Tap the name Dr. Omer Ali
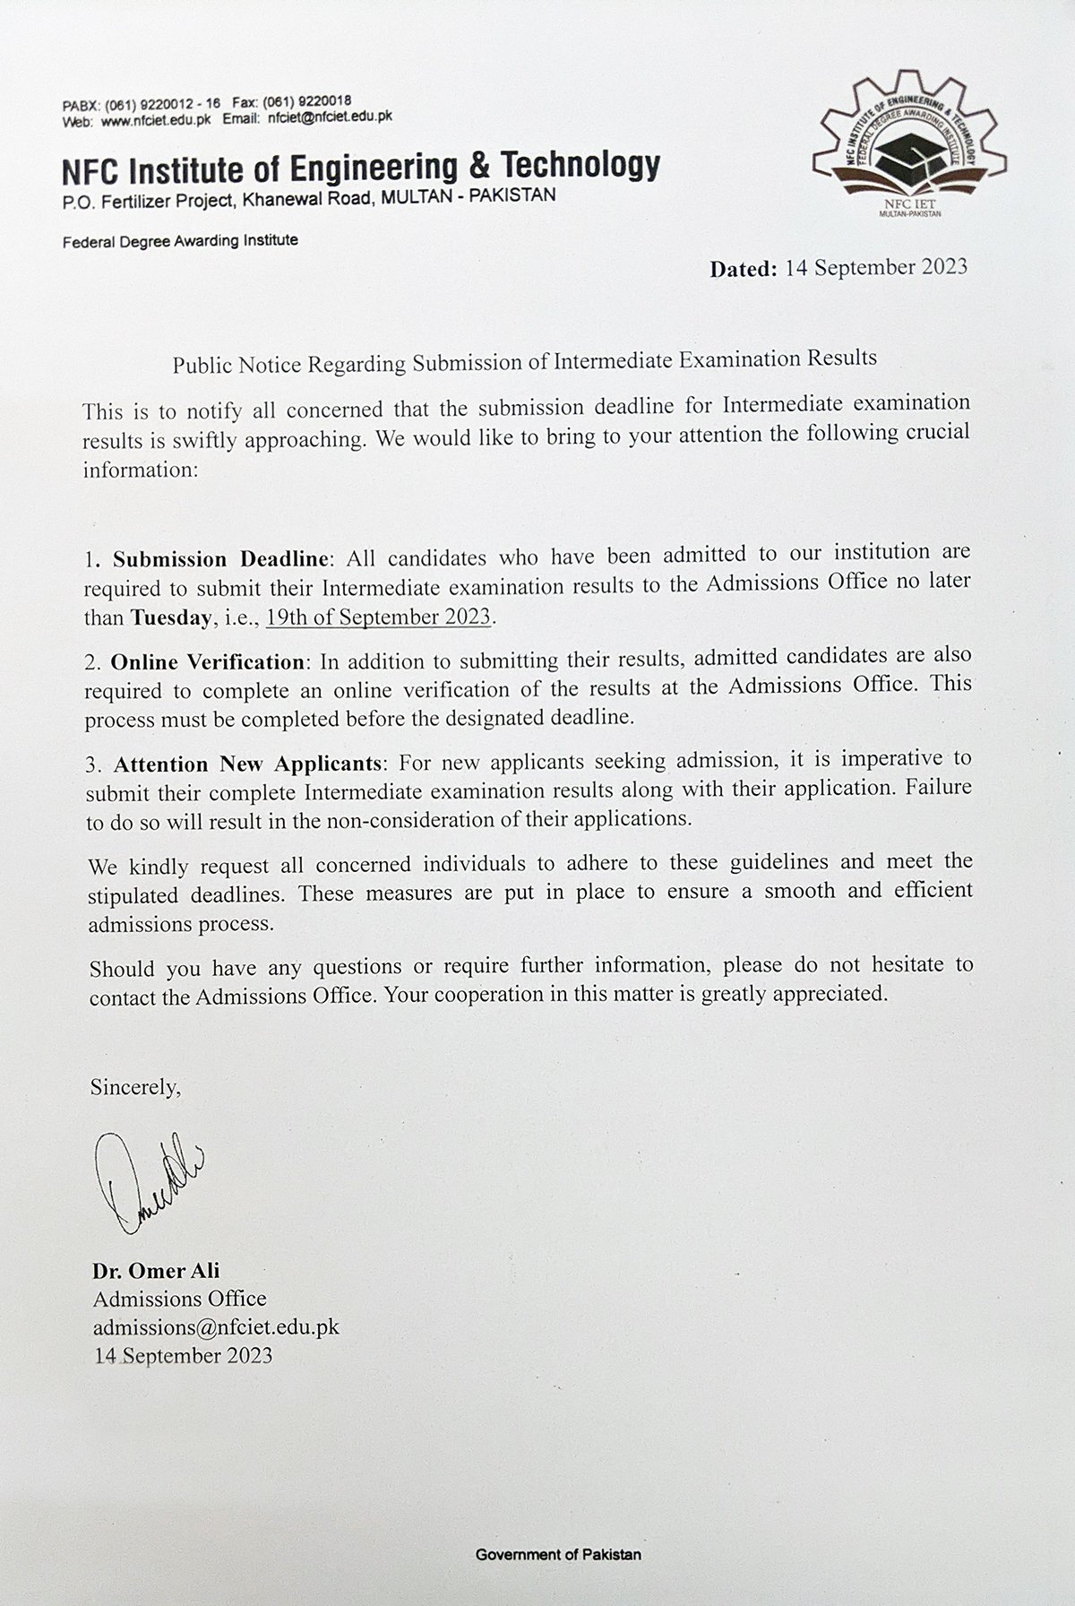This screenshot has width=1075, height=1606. (155, 1270)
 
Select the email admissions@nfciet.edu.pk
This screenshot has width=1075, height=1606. (215, 1326)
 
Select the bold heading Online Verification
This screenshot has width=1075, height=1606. (207, 662)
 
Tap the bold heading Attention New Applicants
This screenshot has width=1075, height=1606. (247, 764)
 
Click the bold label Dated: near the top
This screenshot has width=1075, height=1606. (744, 269)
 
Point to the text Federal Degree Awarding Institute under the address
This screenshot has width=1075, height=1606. (180, 240)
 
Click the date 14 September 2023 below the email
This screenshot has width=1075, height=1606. (183, 1355)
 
